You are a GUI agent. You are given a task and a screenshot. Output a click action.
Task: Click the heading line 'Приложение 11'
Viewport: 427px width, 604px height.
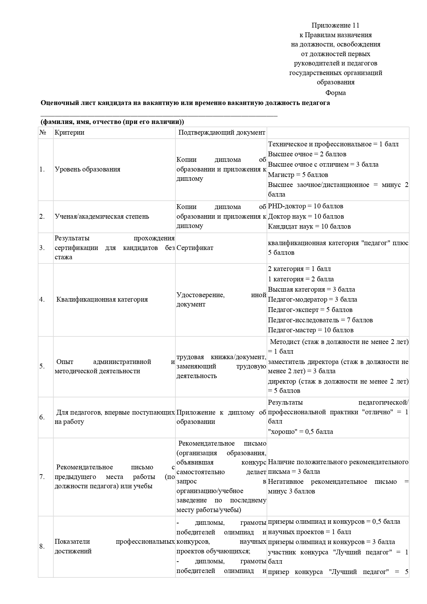coord(335,25)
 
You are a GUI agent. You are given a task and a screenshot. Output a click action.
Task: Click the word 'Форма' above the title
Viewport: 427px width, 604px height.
coord(335,93)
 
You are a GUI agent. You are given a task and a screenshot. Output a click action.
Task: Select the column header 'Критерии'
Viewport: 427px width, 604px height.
coord(69,133)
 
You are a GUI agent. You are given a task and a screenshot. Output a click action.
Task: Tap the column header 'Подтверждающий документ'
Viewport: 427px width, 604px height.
coord(222,133)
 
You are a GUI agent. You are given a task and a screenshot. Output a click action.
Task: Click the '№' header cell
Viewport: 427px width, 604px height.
coord(43,133)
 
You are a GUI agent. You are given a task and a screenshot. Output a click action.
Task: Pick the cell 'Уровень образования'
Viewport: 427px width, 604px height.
coord(87,169)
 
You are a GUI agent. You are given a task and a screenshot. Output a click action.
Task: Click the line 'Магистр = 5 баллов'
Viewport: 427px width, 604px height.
coord(298,175)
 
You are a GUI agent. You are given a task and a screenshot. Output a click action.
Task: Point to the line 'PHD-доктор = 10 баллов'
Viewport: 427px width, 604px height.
coord(306,206)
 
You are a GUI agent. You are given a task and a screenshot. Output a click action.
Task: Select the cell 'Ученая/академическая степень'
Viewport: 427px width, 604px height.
coord(102,216)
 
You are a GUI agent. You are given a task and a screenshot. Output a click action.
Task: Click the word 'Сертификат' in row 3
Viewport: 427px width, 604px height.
coord(195,248)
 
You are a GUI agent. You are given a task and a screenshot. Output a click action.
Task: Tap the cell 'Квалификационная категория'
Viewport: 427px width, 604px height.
coord(102,299)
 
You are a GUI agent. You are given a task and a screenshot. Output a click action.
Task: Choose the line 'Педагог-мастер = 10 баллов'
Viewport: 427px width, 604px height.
coord(311,330)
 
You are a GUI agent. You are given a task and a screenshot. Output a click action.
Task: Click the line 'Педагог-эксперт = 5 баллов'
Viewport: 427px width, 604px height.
coord(310,310)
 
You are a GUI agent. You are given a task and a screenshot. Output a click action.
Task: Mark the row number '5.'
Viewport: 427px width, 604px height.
coord(42,366)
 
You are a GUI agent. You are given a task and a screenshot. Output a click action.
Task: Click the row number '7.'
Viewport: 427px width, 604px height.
coord(42,477)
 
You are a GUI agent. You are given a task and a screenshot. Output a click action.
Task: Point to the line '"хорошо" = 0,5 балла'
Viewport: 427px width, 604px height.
coord(300,431)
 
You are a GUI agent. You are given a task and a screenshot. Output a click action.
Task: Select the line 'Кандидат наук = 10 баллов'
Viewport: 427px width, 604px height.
coord(309,227)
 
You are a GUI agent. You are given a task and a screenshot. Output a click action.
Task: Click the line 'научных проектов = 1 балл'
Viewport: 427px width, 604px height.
coord(310,532)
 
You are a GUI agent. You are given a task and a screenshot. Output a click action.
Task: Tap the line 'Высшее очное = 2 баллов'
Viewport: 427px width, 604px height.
coord(307,154)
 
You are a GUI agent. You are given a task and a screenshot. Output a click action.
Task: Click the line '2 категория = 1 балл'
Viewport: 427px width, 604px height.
coord(299,269)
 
